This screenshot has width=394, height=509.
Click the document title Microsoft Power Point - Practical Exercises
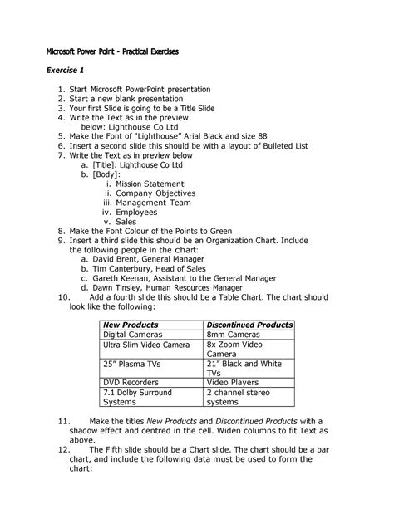pyautogui.click(x=111, y=51)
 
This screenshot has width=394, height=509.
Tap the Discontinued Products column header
pyautogui.click(x=249, y=325)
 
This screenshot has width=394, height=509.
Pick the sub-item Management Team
pyautogui.click(x=154, y=203)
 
